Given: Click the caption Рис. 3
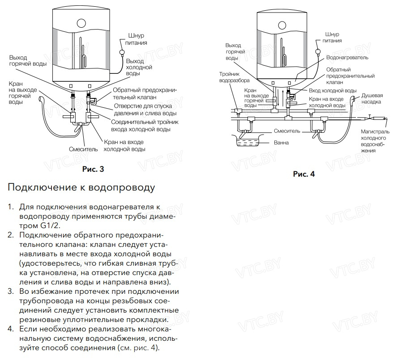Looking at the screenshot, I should (x=93, y=169).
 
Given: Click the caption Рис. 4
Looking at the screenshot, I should (x=304, y=174).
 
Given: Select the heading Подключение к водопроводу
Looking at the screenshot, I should (x=81, y=187).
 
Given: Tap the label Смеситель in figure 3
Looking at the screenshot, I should (x=83, y=149).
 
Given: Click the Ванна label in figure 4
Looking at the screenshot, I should (x=282, y=143).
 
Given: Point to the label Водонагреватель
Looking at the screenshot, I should (x=347, y=58).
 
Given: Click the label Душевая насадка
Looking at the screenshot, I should (x=372, y=98).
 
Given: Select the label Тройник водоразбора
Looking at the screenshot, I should (x=230, y=77).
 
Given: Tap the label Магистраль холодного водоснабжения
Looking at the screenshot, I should (x=376, y=141).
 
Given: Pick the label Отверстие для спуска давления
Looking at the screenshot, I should (x=148, y=110).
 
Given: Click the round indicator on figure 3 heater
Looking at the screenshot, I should (x=81, y=22).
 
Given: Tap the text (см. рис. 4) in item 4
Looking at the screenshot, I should (x=138, y=347).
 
